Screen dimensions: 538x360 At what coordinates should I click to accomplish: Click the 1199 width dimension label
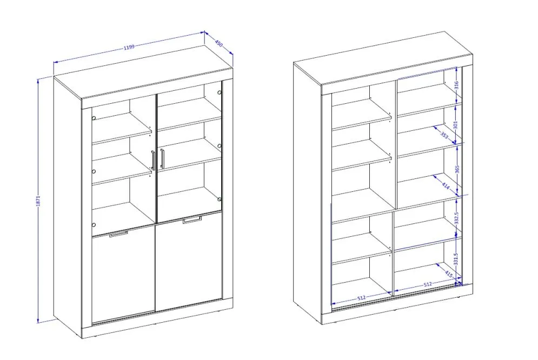(x=129, y=47)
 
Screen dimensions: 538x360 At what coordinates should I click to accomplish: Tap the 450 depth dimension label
(x=219, y=44)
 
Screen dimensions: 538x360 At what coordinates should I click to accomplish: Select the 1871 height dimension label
(x=38, y=201)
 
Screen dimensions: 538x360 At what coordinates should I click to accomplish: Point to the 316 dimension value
(x=456, y=85)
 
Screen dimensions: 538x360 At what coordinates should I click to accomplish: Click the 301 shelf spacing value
(x=456, y=124)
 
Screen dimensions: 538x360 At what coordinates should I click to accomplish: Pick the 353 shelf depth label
(x=444, y=136)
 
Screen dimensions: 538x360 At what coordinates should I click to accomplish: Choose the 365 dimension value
(x=457, y=169)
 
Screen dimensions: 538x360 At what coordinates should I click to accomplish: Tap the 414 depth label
(x=446, y=186)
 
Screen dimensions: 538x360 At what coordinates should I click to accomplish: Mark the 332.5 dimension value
(x=456, y=218)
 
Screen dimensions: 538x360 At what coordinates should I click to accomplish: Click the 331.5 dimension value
(x=456, y=259)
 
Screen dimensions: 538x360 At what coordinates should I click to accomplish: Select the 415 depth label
(x=449, y=274)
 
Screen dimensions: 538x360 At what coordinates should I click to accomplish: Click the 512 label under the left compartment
(x=361, y=298)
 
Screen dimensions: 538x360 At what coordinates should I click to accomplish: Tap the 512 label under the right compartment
(x=428, y=284)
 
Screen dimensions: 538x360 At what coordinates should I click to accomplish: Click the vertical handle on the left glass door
(x=152, y=160)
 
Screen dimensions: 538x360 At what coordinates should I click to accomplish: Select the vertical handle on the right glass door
(x=162, y=158)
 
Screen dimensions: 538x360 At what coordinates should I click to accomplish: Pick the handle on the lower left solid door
(x=118, y=234)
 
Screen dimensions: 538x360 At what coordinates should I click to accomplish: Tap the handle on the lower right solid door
(x=192, y=220)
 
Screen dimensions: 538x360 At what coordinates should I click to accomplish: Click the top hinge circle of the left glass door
(x=94, y=118)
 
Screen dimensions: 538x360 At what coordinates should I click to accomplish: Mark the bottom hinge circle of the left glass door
(x=94, y=225)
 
